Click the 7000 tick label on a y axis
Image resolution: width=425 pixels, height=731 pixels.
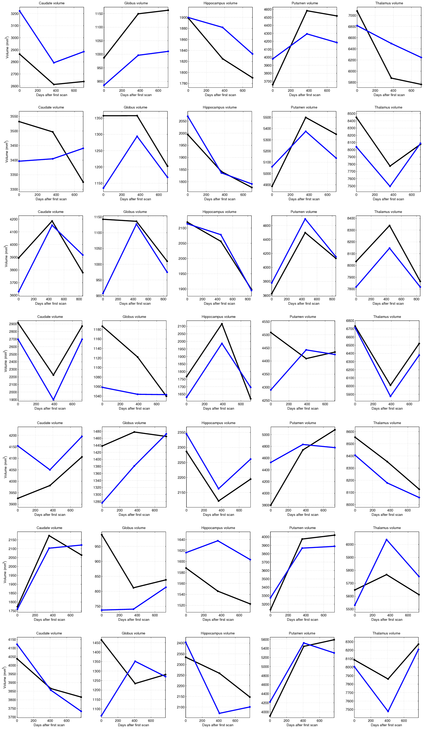(352, 15)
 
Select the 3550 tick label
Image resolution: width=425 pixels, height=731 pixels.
(13, 116)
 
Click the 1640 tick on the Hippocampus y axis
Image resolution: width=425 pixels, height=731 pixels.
(181, 540)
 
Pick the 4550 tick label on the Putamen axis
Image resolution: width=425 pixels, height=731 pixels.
(266, 322)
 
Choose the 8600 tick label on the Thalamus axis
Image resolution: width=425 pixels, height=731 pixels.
(350, 432)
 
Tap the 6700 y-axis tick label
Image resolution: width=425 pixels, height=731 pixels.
(350, 329)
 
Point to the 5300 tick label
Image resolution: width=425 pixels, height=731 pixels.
(266, 140)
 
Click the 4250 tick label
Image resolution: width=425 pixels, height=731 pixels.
(266, 400)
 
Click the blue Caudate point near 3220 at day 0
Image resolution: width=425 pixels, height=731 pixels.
(20, 11)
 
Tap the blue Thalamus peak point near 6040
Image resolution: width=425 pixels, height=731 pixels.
(386, 540)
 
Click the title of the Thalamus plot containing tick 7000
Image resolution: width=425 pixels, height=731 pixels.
(389, 3)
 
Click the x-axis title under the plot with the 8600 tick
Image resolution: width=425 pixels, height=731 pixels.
(387, 515)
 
